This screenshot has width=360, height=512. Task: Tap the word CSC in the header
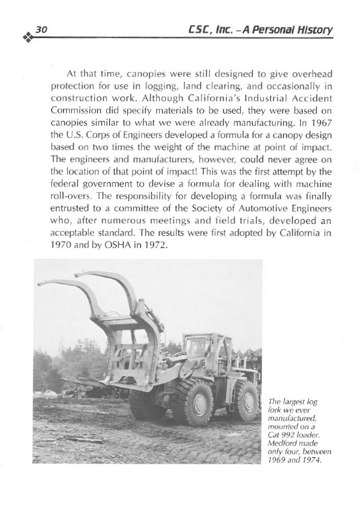tap(196, 30)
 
